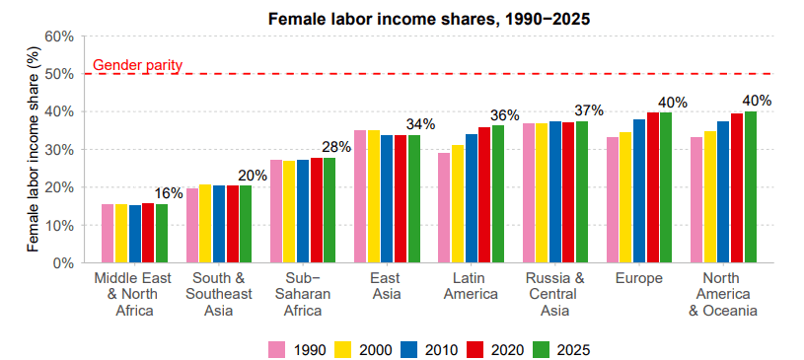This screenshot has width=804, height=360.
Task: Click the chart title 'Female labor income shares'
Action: [x=426, y=19]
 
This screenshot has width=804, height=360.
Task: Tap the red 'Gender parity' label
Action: [x=137, y=66]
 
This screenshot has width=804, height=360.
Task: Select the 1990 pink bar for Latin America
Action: [x=444, y=208]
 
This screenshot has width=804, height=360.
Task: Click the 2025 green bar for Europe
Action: [x=666, y=187]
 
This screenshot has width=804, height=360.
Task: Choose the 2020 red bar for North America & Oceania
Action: [x=736, y=188]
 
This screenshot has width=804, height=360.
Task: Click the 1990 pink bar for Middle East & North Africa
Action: [x=108, y=234]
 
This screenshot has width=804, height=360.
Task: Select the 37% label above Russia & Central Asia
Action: [x=589, y=110]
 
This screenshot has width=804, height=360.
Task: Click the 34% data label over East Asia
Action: [x=421, y=124]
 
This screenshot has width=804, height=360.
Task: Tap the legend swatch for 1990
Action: [x=277, y=349]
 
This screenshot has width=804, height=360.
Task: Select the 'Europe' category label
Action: [x=638, y=279]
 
